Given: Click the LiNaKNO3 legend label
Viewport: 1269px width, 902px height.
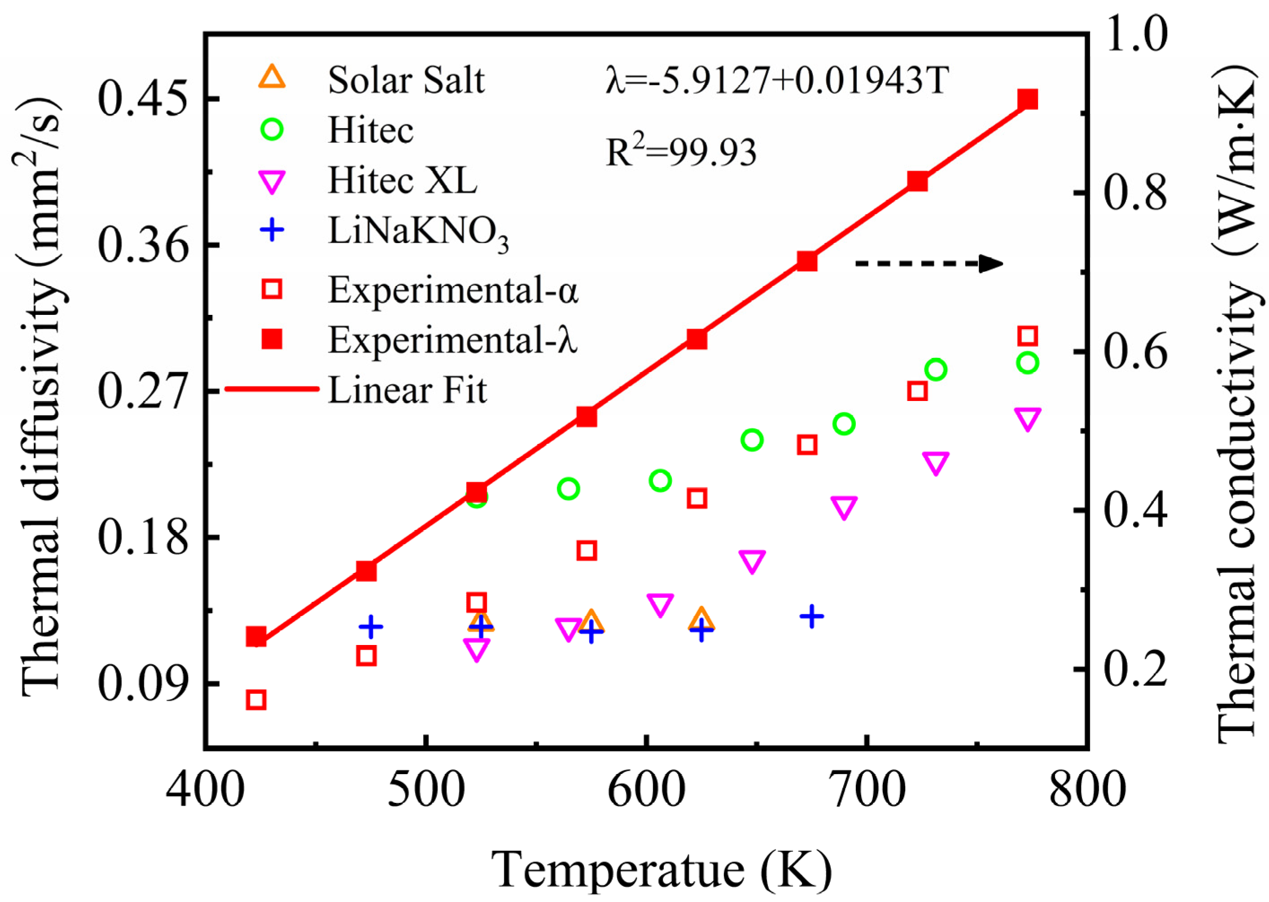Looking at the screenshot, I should (418, 232).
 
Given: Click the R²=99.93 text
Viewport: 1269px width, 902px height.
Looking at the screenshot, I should (681, 152).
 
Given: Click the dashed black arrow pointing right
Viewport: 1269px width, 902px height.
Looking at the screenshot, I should (928, 263).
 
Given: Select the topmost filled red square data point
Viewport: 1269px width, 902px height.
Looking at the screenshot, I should (1027, 100).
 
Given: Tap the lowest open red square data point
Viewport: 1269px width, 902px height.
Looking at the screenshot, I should (256, 700).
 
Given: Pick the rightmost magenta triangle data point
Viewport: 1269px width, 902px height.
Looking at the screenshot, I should (1027, 419).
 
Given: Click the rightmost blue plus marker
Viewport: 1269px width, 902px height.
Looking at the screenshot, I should (812, 616).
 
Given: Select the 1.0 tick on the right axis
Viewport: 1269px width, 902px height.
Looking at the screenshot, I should (1136, 35).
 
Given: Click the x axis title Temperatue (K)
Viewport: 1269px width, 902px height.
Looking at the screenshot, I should (661, 870).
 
